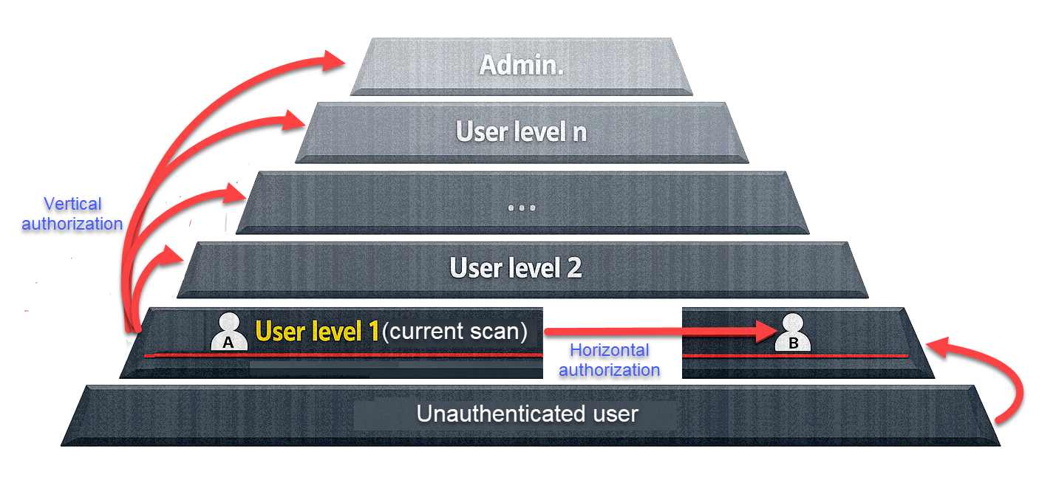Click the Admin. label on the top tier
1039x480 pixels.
point(521,65)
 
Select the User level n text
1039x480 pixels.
point(521,131)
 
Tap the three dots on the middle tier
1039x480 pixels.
point(521,208)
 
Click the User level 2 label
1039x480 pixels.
point(516,267)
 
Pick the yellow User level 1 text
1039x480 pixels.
point(317,332)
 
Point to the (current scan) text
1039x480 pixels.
point(454,332)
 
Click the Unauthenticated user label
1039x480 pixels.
point(527,414)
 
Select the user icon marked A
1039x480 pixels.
point(228,332)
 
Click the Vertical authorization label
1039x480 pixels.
point(72,213)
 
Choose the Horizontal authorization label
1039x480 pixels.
point(609,360)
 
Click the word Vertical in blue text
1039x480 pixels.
point(72,204)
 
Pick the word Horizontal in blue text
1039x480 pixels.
point(609,350)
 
